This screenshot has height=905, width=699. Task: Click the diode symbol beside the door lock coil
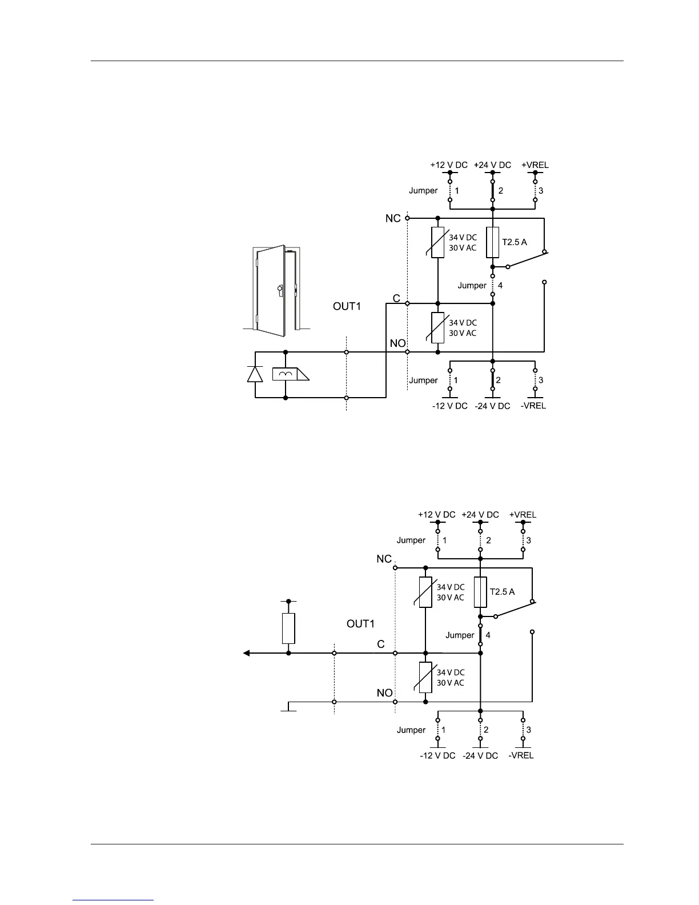[255, 374]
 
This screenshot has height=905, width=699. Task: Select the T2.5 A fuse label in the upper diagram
[515, 242]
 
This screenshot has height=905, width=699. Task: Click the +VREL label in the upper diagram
[535, 165]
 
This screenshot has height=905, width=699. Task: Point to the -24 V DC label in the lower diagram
[480, 755]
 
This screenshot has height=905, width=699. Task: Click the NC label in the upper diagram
[393, 219]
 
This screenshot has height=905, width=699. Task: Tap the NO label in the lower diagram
[384, 693]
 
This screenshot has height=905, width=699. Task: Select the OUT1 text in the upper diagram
[347, 307]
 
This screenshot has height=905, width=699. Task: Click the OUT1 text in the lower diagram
[360, 624]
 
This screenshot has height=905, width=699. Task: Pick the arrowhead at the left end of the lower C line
[247, 653]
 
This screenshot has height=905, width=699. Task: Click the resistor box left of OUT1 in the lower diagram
[288, 628]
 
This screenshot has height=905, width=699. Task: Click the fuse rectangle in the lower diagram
[480, 592]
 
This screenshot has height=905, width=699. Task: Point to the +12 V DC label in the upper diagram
[449, 165]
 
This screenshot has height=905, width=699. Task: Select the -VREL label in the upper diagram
[535, 406]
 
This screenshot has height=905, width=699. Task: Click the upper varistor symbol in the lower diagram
[425, 592]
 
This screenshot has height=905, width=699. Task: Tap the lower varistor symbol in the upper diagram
[437, 328]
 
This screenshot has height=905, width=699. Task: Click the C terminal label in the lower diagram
[381, 644]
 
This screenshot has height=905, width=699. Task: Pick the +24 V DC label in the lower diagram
[480, 515]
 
